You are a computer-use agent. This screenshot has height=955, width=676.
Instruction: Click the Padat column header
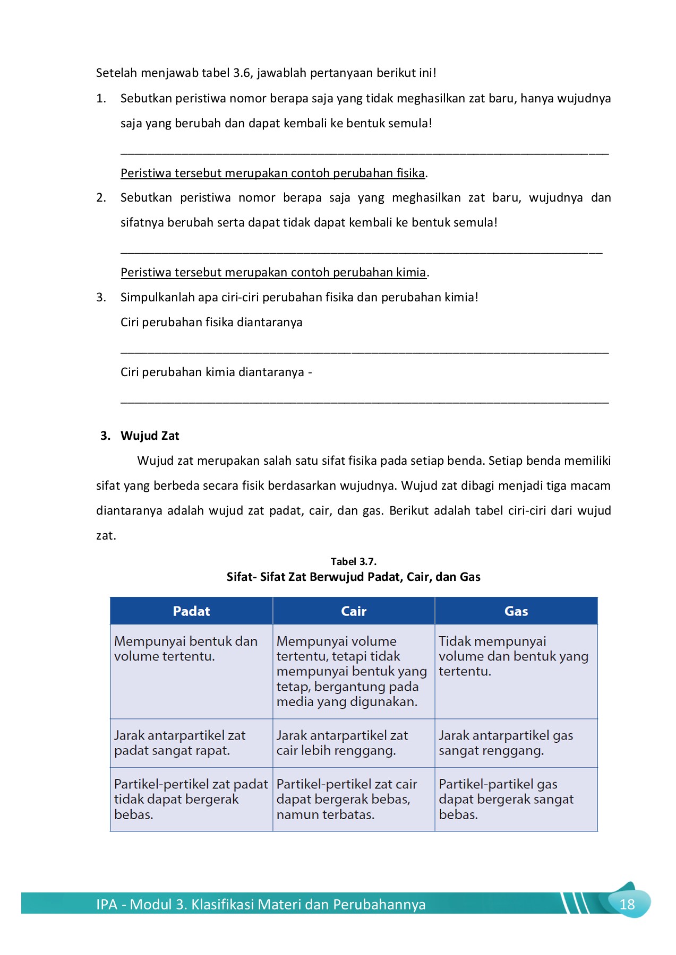click(x=191, y=611)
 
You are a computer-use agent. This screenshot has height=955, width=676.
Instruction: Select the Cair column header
click(x=354, y=611)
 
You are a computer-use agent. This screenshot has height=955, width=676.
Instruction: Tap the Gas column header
click(x=516, y=611)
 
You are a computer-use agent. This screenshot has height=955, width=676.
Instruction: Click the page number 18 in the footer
click(x=627, y=904)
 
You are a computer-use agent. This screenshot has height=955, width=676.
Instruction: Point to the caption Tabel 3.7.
click(x=353, y=561)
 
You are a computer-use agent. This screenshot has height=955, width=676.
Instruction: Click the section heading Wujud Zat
click(x=150, y=436)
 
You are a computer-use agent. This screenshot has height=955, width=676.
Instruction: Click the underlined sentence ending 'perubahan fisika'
click(x=273, y=173)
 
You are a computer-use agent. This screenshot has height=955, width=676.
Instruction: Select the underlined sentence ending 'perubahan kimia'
click(x=273, y=272)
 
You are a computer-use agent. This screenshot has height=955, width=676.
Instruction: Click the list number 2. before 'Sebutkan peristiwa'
click(x=101, y=198)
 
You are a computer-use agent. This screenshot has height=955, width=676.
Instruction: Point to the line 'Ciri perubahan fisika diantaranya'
click(x=211, y=322)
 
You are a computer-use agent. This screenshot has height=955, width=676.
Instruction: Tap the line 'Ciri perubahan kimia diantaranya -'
click(x=216, y=372)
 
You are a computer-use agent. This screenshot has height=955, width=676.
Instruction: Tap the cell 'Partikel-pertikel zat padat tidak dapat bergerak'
click(x=191, y=799)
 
